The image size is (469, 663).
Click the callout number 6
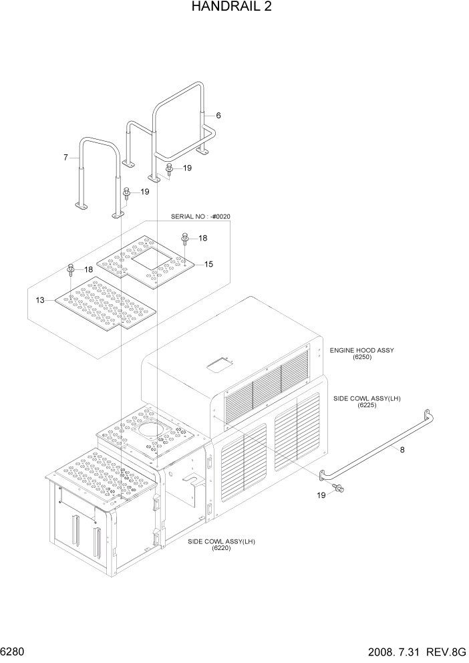tap(218, 116)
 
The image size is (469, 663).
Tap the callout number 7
tap(65, 158)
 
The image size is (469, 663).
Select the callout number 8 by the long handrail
tap(402, 450)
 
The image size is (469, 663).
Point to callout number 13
tap(40, 301)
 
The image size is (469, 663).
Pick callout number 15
tap(208, 265)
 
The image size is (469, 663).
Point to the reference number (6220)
tap(221, 548)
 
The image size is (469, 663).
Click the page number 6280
tap(13, 650)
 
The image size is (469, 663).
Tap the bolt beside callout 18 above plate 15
tap(186, 238)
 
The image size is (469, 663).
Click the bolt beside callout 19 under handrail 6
tap(169, 169)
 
